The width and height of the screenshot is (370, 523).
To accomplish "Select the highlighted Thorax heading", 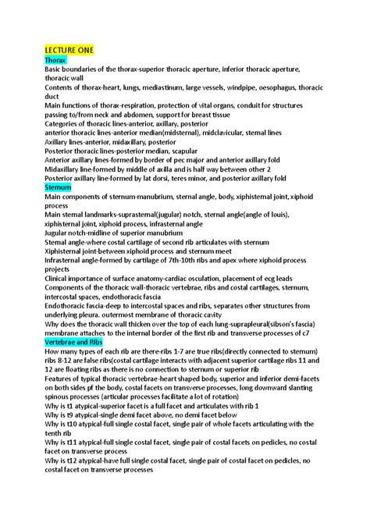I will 55,59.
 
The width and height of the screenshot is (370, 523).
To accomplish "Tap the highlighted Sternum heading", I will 59,188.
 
